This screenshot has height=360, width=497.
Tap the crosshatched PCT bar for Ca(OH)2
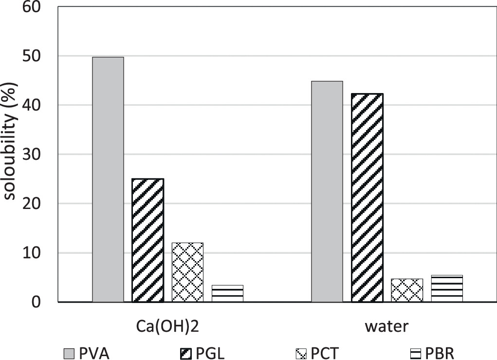coord(187,272)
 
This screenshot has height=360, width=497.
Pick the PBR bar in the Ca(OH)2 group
coord(227,294)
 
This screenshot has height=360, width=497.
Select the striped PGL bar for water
coord(367,198)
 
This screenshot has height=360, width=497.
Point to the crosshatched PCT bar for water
coord(407,290)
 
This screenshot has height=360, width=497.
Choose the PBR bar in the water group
coord(446,289)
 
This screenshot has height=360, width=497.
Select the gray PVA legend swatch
coord(70,353)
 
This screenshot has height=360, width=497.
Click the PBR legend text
coord(438,353)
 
